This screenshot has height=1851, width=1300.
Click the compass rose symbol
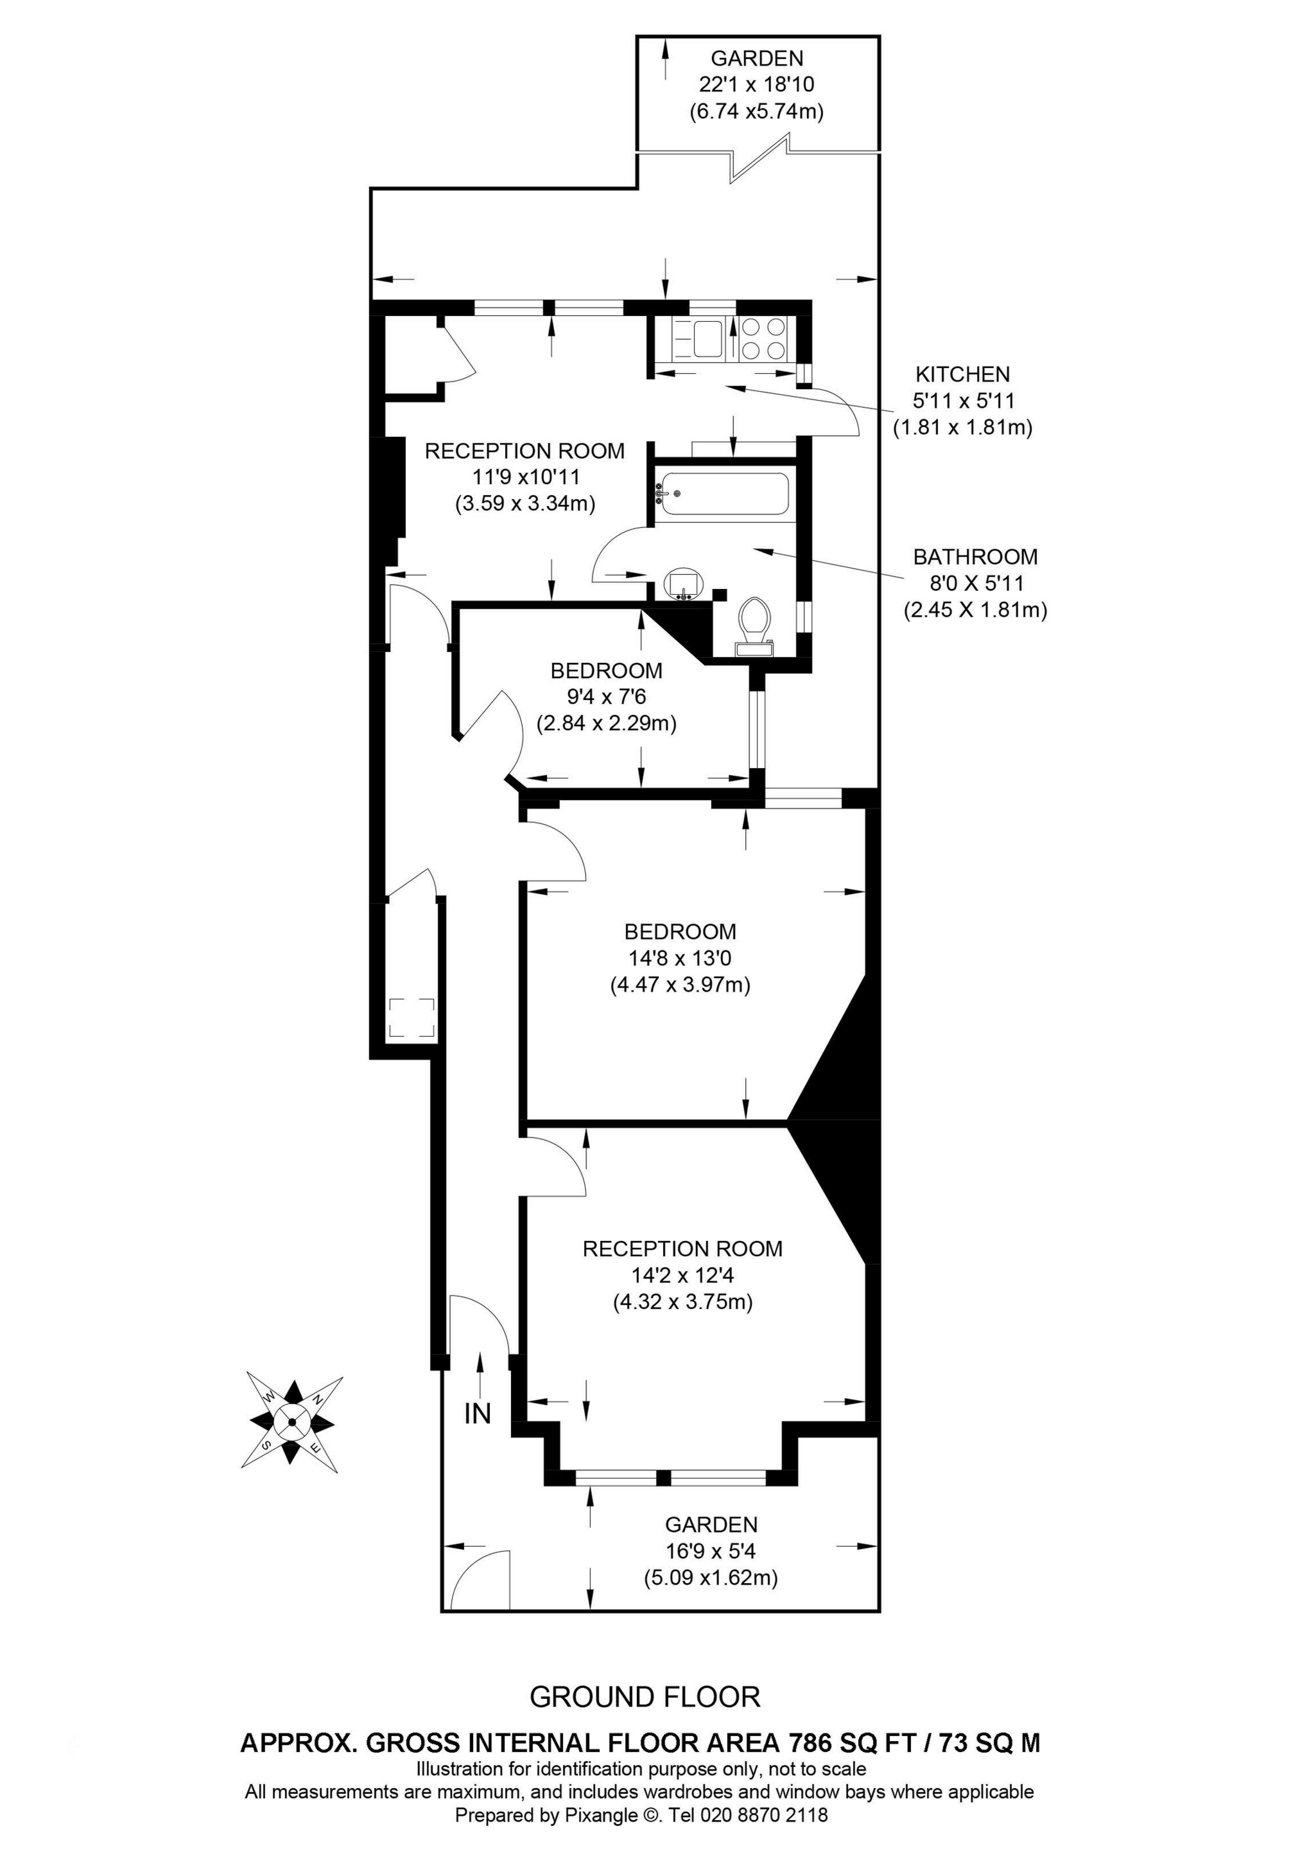(x=291, y=1422)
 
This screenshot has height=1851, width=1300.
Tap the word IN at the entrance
(x=477, y=1413)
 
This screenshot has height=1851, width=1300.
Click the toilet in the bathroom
(x=755, y=626)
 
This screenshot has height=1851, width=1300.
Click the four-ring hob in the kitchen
(x=763, y=338)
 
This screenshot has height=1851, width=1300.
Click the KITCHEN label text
(x=962, y=374)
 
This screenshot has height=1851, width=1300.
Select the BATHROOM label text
(x=975, y=556)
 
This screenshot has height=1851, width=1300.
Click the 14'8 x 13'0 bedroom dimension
(x=679, y=958)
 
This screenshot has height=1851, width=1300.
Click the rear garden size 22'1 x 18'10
(x=756, y=85)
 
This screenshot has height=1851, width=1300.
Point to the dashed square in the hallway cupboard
(x=412, y=1018)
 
